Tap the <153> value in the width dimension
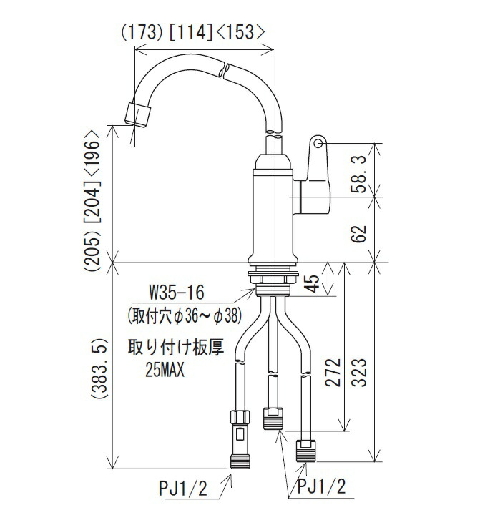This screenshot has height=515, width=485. [242, 32]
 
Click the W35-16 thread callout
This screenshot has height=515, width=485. [176, 293]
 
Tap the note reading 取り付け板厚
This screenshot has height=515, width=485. [176, 350]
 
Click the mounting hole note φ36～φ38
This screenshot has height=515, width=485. [185, 314]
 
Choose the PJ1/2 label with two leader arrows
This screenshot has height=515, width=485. [320, 487]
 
